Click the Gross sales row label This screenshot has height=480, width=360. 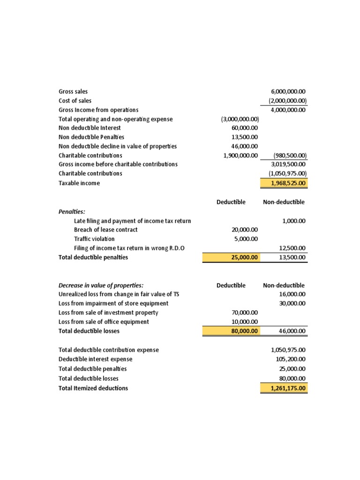(x=73, y=91)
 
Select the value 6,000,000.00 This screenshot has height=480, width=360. (x=288, y=91)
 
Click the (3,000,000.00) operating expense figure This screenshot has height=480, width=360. (x=240, y=119)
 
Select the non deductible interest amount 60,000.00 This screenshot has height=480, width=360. (x=245, y=128)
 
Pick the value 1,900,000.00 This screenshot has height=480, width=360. (x=241, y=155)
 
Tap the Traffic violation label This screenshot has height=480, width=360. (x=94, y=239)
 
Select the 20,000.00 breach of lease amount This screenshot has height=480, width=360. (x=245, y=230)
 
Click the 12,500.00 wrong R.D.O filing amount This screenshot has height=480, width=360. (x=293, y=248)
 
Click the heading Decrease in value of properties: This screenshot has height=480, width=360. (x=101, y=285)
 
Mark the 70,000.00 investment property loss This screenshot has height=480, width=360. (x=245, y=312)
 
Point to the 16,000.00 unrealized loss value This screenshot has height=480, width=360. (x=293, y=294)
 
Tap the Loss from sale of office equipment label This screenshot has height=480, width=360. (x=104, y=322)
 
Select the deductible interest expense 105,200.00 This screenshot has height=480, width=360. (x=291, y=359)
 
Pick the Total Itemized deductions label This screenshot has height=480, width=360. (x=93, y=388)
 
